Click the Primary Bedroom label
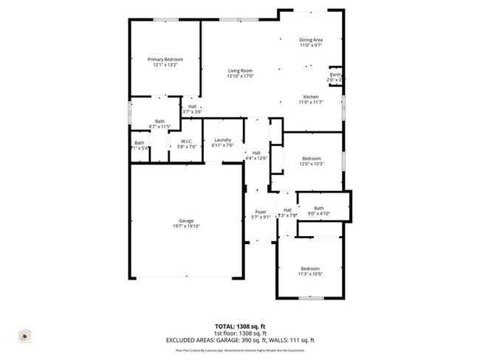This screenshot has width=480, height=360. (x=165, y=59)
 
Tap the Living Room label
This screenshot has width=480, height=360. (x=240, y=71)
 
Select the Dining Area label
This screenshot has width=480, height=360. (x=311, y=40)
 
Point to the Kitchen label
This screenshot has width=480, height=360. (x=311, y=97)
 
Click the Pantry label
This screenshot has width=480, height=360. (x=335, y=75)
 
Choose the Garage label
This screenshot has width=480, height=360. (x=186, y=221)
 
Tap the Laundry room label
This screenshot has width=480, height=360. (x=223, y=140)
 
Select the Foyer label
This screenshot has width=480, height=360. (x=256, y=212)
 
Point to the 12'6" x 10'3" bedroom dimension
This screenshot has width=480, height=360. (x=312, y=164)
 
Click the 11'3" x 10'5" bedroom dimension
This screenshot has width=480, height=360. (x=310, y=274)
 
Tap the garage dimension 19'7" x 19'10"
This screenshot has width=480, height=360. (x=186, y=226)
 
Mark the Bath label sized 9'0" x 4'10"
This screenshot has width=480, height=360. (x=319, y=208)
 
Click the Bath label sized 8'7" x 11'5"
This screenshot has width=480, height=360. (x=160, y=122)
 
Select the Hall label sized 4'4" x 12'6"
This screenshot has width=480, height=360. (x=256, y=153)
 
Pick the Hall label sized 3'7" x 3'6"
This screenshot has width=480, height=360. (x=192, y=106)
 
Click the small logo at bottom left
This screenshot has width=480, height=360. (x=25, y=335)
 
